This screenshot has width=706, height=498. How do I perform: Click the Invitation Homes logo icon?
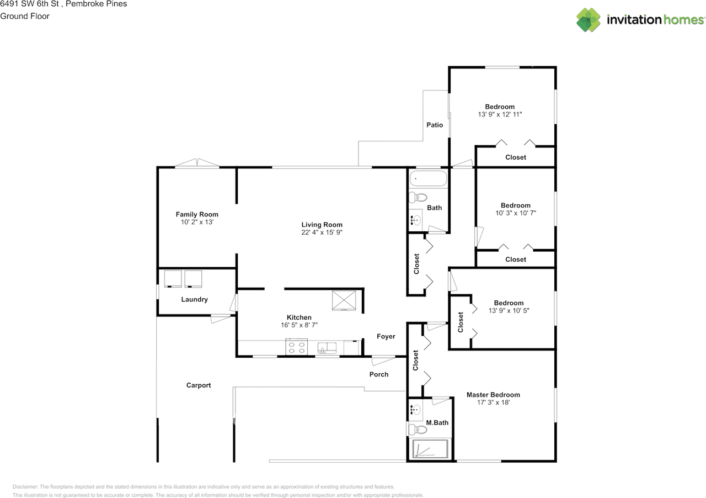[x=589, y=20]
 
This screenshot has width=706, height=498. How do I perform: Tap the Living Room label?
[x=322, y=225]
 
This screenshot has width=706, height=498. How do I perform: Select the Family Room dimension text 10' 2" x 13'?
[x=197, y=222]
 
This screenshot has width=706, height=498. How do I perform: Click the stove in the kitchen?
[x=296, y=348]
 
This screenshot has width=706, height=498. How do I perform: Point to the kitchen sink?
[x=328, y=348]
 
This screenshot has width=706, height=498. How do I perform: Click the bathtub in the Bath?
[x=428, y=179]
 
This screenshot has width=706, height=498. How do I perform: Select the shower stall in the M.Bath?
[x=431, y=449]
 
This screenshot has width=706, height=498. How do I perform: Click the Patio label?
[x=435, y=125]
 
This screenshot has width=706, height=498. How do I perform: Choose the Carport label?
[x=199, y=385]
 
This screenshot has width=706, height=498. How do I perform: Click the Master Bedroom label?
[x=493, y=395]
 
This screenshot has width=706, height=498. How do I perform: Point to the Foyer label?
[x=386, y=336]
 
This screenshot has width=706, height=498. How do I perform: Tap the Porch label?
[x=379, y=374]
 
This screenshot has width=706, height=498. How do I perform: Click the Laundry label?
[x=195, y=300]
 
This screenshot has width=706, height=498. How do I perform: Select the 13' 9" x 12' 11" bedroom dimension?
[x=500, y=114]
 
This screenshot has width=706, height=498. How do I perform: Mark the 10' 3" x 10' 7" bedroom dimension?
[x=515, y=213]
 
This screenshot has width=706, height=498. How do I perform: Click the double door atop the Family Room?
[x=197, y=163]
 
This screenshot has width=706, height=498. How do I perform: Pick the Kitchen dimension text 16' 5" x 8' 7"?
[x=299, y=325]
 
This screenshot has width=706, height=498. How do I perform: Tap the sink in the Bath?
[x=416, y=220]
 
